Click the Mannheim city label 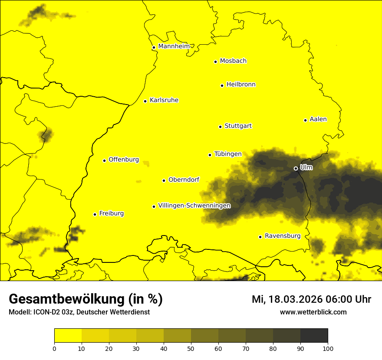(x=174, y=46)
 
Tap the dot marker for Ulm (x=296, y=168)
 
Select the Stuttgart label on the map (x=238, y=126)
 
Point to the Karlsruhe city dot (x=145, y=101)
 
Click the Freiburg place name (x=111, y=213)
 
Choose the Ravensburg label (x=283, y=236)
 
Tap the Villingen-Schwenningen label (x=194, y=206)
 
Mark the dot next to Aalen (x=305, y=120)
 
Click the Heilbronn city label (x=241, y=85)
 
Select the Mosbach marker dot (x=215, y=62)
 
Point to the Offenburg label (x=124, y=160)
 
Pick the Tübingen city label (x=228, y=154)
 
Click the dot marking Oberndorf (x=164, y=180)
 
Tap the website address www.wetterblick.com (x=313, y=312)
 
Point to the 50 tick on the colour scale (x=191, y=348)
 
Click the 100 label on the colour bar (x=328, y=348)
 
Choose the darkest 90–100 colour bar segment (x=314, y=336)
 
